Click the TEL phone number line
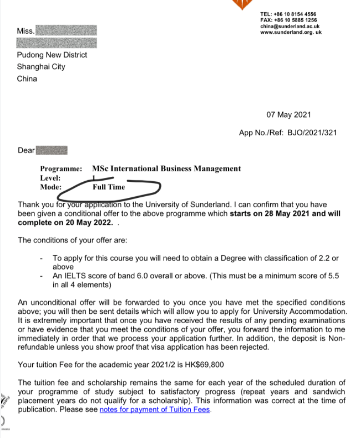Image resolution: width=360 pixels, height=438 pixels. click(x=288, y=14)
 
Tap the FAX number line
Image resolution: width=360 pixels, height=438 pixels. click(x=288, y=20)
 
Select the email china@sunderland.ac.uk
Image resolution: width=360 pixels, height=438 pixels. click(x=290, y=26)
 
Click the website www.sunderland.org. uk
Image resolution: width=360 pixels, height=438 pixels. click(x=291, y=32)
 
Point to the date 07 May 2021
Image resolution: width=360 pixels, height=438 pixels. click(x=288, y=115)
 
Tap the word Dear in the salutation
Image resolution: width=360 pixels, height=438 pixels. click(x=26, y=150)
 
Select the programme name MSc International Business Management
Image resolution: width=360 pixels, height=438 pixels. click(x=166, y=169)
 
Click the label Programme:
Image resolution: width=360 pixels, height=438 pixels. click(x=61, y=169)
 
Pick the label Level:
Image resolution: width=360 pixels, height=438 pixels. click(x=50, y=178)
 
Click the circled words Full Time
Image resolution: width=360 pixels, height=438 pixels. click(x=109, y=187)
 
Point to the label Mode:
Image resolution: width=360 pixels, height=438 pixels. click(x=50, y=187)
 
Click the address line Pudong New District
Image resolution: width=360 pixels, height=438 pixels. click(x=52, y=55)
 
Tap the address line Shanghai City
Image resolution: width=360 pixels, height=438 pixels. click(x=40, y=67)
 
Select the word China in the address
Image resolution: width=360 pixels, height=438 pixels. click(x=27, y=79)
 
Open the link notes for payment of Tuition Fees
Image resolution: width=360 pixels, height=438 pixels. click(x=155, y=410)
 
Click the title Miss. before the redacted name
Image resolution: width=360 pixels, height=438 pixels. click(x=26, y=31)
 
